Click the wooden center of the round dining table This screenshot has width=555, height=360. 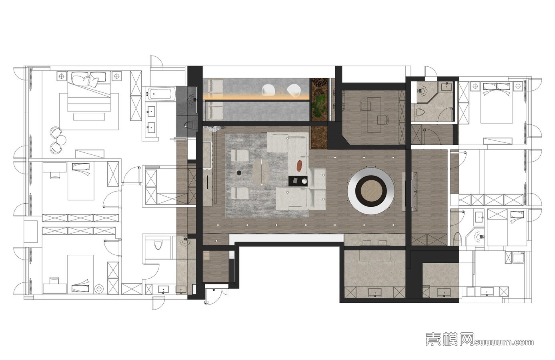371,191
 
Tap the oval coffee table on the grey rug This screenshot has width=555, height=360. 261,172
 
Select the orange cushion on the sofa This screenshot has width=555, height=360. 299,166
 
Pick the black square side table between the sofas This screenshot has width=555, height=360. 298,181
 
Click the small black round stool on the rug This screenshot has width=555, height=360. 239,173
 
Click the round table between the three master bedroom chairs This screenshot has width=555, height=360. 61,140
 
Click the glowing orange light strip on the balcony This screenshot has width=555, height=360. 256,98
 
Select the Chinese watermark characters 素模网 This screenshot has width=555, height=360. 449,339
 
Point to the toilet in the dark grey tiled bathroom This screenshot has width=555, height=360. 190,125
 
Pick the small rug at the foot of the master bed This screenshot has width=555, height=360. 89,117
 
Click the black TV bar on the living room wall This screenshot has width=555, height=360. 208,182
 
